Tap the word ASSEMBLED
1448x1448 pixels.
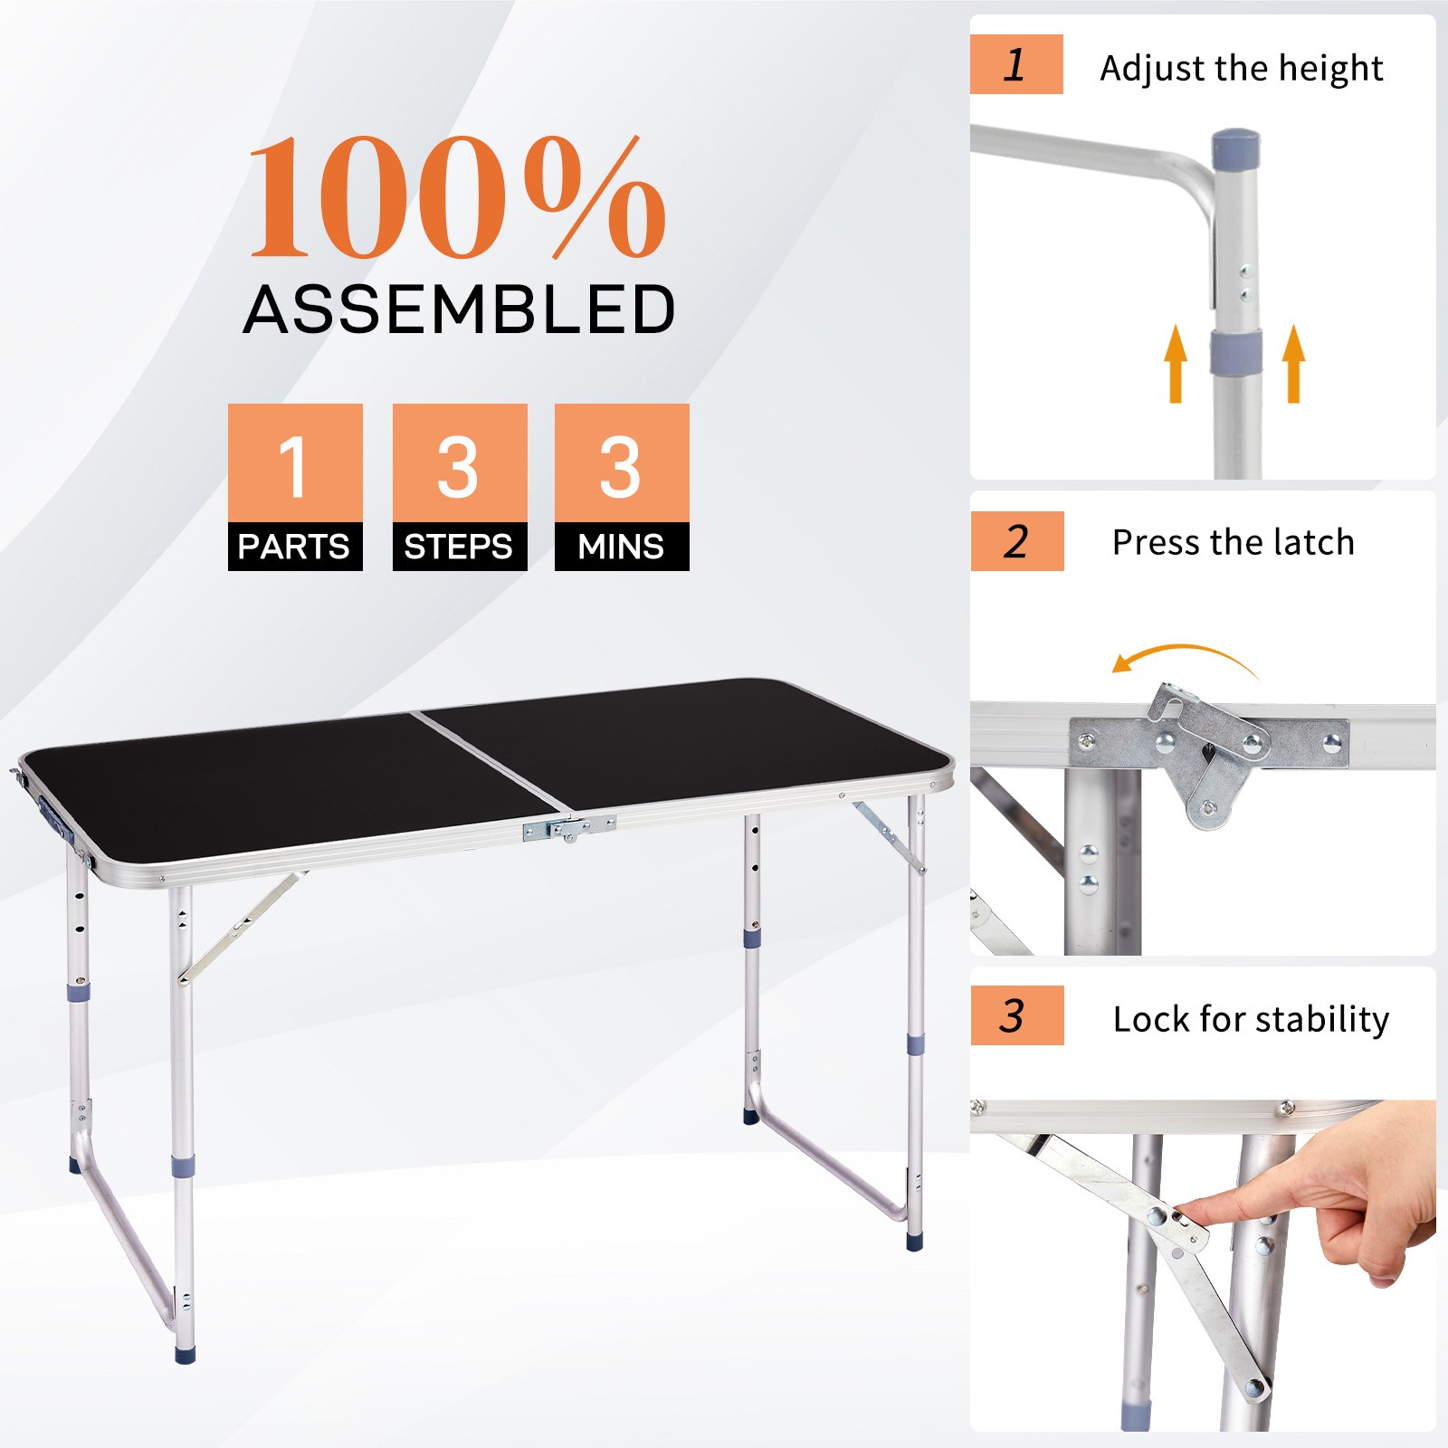point(459,310)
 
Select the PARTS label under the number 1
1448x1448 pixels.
point(294,547)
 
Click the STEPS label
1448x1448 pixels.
point(459,547)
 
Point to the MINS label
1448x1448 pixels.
point(622,547)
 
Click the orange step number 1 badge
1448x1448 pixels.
point(1016,64)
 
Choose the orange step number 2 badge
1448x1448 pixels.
point(1016,541)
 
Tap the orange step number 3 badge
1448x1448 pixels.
point(1016,1015)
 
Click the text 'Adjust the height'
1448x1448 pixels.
point(1241,69)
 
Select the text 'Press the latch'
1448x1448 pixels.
point(1233,543)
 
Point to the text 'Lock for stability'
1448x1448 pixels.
point(1251,1019)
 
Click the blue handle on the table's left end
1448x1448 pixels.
point(52,819)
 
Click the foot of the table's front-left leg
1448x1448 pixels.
point(186,1355)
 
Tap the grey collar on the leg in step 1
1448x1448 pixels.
point(1236,353)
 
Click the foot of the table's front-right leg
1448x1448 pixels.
point(915,1243)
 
